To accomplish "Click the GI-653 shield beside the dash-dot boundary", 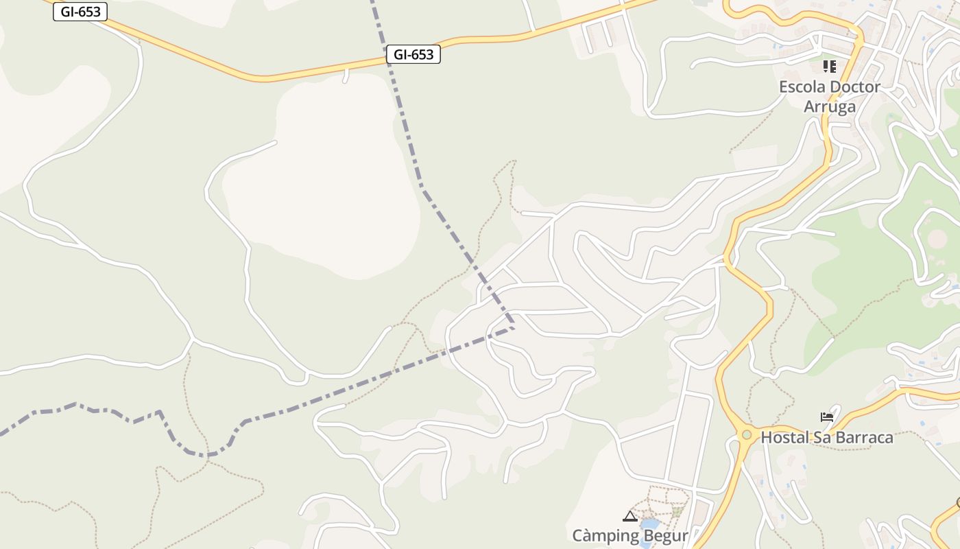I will [413, 54].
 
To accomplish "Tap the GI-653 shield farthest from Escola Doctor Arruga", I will [80, 11].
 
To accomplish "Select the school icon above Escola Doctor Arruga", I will [830, 67].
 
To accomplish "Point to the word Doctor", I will [854, 87].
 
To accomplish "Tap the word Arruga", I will [830, 106].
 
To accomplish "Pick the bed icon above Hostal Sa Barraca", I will [827, 417].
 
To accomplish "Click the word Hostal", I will [784, 437].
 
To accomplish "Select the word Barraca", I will [863, 437].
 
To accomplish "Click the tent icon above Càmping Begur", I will [629, 516].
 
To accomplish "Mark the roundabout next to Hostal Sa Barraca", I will [746, 434].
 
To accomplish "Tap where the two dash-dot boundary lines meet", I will [514, 327].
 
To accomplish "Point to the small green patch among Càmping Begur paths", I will [677, 511].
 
